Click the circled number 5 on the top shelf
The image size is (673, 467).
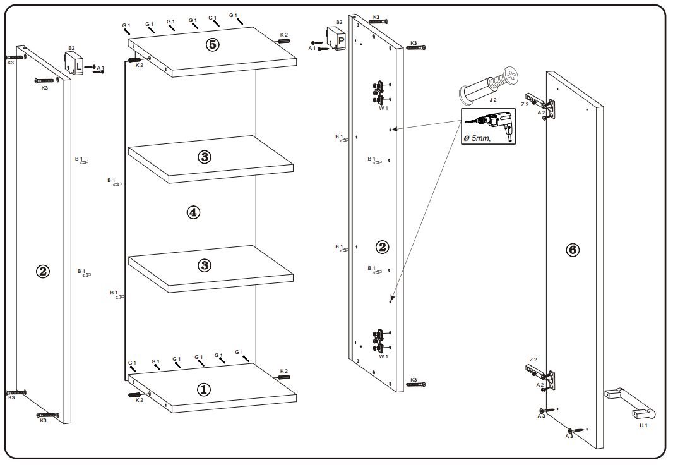pos(212,45)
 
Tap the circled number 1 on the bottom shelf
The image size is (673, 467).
pos(203,390)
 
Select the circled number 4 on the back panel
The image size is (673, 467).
pos(193,212)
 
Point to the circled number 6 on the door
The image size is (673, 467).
pos(572,250)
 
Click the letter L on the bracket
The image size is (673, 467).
pos(78,64)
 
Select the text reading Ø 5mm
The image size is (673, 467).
pos(477,138)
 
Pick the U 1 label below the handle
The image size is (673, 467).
pos(643,425)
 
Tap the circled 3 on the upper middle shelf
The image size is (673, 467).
pos(204,157)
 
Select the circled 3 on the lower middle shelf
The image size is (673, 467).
pos(204,265)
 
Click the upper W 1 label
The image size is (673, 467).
pos(383,109)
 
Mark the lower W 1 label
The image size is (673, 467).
pos(383,356)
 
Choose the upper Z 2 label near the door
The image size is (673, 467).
pos(524,104)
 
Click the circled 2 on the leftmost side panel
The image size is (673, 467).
pos(42,272)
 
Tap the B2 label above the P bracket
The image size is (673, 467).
pos(339,22)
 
